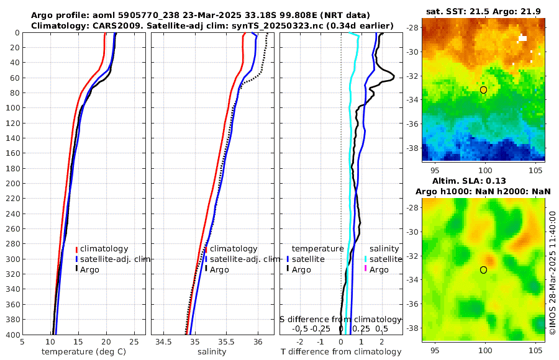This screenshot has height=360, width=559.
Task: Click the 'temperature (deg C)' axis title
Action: [84, 352]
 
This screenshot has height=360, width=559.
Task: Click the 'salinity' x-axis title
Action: [211, 352]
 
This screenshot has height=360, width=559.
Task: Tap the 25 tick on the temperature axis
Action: [134, 341]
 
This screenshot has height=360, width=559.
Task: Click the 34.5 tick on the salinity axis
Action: [163, 341]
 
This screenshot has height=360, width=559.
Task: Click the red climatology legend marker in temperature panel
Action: [76, 249]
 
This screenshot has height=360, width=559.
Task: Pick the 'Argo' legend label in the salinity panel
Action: [219, 269]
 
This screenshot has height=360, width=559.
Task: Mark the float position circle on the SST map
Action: [483, 90]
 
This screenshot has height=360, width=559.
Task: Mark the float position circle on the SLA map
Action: [483, 269]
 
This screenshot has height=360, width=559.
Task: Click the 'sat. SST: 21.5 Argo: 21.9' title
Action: [483, 12]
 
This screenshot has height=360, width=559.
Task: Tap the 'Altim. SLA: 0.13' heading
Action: [483, 180]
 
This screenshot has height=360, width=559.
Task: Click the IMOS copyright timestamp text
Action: [552, 273]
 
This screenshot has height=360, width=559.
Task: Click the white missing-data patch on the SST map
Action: [523, 38]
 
